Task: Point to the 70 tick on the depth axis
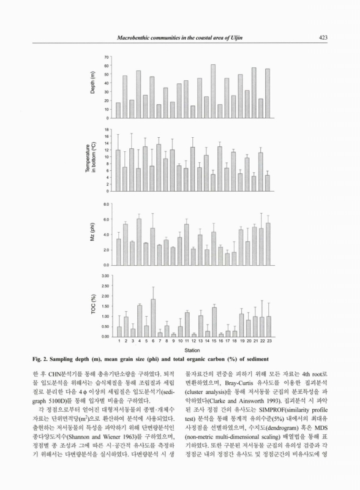point(106,57)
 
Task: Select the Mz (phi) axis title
point(94,235)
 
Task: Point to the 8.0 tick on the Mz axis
point(105,204)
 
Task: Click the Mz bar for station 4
point(138,241)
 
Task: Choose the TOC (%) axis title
point(94,307)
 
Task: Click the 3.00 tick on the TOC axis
point(104,276)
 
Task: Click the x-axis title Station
point(193,349)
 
